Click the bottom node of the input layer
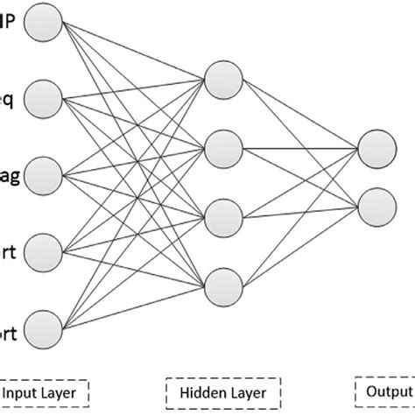coord(44,329)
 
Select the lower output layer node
coord(373,205)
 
